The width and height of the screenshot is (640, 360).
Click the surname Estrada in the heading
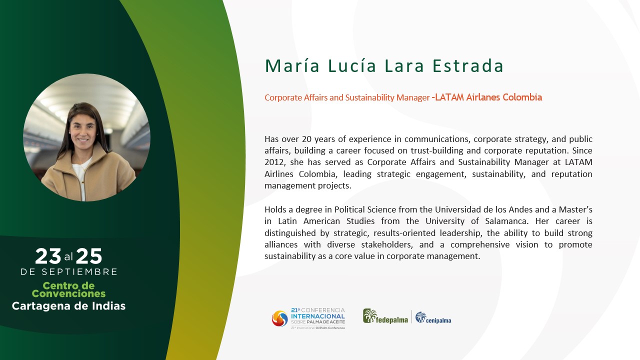[467, 65]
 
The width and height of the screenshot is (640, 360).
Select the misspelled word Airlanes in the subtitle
[483, 97]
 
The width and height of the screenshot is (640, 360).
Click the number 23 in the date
[48, 256]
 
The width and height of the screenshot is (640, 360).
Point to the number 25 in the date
[89, 256]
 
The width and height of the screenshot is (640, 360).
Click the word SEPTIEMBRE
[79, 271]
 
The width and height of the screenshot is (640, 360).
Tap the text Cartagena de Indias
[68, 306]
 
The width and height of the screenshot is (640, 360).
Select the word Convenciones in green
[68, 293]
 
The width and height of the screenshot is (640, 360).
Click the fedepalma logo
[385, 316]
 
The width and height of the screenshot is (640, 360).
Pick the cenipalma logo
[433, 317]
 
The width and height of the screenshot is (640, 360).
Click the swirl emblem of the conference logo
[279, 318]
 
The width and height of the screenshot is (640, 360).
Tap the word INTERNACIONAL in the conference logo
[318, 316]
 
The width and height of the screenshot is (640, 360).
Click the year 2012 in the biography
[274, 162]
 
